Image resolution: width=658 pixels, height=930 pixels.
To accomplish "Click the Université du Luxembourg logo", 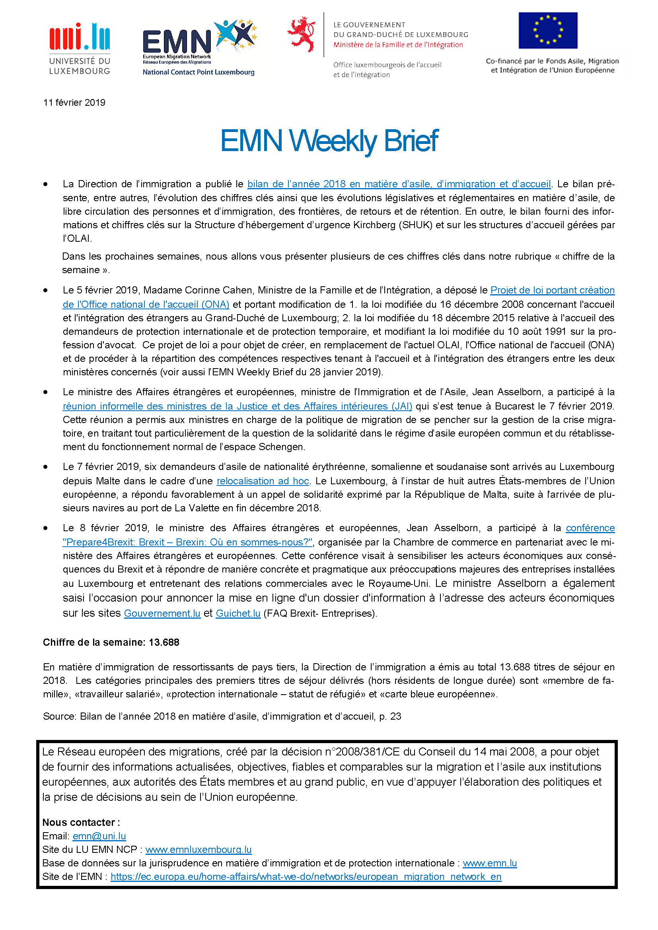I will coord(80,49).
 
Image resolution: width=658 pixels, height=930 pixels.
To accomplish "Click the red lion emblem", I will coord(301,34).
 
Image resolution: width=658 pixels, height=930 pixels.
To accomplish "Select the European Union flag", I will coord(548,30).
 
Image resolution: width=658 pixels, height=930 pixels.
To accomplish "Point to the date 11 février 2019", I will coord(74,103).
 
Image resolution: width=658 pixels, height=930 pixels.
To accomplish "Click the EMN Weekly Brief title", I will coord(329,140).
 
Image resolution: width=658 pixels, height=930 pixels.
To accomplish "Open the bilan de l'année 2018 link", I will coord(399,184).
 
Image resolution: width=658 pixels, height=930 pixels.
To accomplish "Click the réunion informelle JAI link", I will coord(237,406).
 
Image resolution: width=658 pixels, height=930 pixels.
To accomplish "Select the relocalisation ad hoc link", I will coord(263,481).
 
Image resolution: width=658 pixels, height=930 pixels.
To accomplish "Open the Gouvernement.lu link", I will coord(162,613).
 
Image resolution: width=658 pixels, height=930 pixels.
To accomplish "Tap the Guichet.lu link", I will coord(238,613).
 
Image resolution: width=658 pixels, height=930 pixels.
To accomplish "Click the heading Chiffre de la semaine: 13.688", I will coord(111,642).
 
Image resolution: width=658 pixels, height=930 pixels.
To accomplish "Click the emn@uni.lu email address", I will coord(99,836).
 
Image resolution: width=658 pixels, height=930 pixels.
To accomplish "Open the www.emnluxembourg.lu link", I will coord(198,849).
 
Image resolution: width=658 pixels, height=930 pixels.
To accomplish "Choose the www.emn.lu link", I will coord(489,863).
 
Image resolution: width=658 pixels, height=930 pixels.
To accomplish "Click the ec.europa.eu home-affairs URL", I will coord(306,877).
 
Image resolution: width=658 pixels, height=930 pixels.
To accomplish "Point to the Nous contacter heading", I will coord(81,822).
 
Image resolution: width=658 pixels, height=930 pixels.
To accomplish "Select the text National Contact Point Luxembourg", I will coord(198,72).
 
